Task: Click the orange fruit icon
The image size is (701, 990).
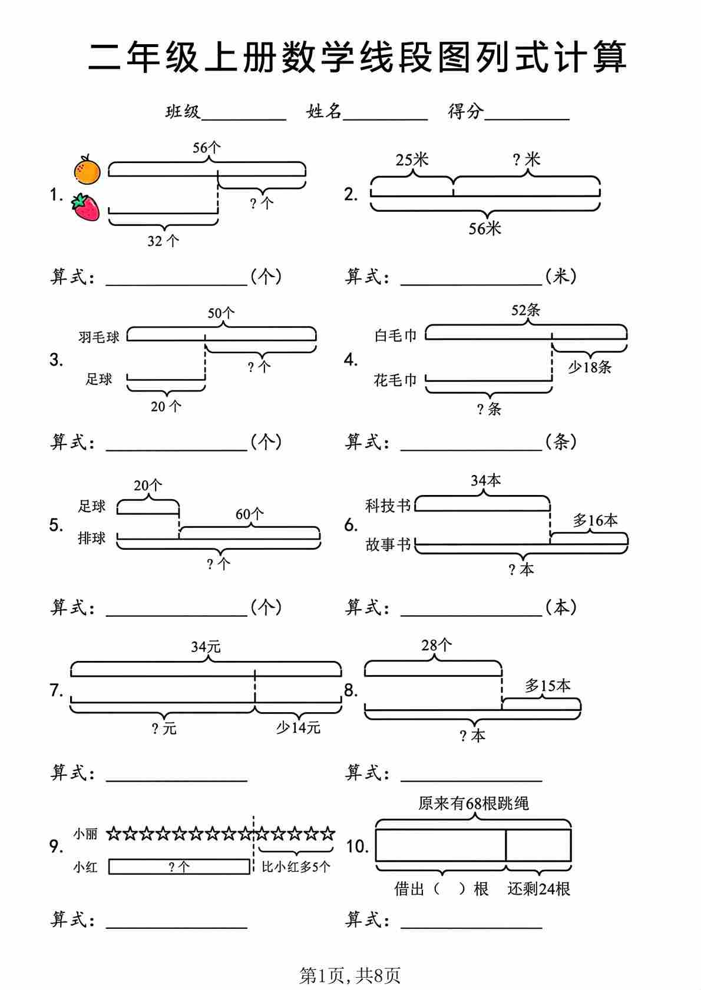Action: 87,170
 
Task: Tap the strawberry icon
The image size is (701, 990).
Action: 86,207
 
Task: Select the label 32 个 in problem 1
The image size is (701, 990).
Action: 163,241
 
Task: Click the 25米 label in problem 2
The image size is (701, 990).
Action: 412,160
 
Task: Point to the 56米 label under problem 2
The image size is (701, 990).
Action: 484,229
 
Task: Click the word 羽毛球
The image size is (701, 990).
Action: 99,337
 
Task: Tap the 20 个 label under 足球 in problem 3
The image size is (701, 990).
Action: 166,406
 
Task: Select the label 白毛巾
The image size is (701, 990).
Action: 395,335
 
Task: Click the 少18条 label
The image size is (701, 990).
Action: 590,367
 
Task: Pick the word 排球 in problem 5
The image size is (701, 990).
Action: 92,538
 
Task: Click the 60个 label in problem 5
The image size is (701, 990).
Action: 249,514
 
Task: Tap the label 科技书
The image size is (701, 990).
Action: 388,506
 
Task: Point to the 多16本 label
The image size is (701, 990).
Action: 595,520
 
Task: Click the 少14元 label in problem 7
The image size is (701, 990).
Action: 298,728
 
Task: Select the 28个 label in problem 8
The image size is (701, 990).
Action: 437,645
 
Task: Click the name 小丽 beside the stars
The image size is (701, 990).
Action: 85,834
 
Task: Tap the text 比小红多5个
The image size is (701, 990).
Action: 296,867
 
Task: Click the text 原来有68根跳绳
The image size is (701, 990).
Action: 474,803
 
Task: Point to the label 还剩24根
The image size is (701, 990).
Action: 539,889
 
